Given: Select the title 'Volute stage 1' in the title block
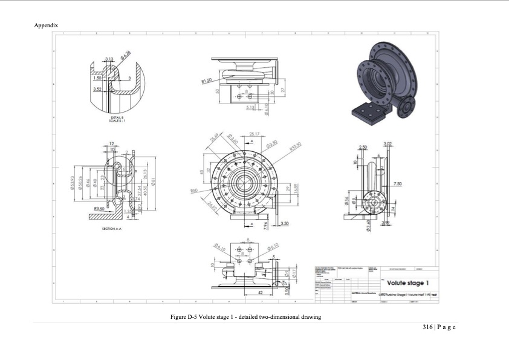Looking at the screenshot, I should pos(407,283).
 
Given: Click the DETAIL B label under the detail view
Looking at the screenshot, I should pos(113,117).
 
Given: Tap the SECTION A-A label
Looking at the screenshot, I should pos(113,229).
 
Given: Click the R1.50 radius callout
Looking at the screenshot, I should pos(206,80).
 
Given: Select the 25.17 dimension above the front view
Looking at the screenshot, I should pos(254,134).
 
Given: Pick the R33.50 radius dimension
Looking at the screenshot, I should pos(296,146).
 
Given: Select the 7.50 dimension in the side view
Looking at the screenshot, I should pos(397,183).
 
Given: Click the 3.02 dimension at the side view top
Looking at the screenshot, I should pos(387,143).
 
